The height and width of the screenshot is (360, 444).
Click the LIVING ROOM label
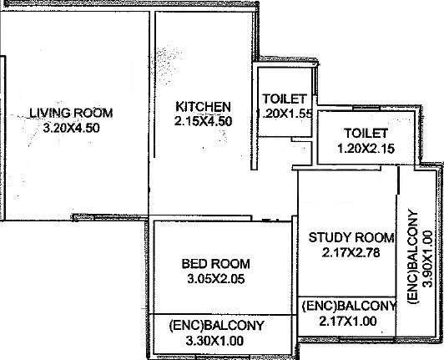click(71, 113)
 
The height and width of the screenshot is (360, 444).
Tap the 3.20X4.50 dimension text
click(72, 128)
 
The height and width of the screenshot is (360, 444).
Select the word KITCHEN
click(203, 107)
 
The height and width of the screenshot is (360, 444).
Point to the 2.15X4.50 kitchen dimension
click(203, 121)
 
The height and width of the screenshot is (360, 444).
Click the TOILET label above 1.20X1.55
click(285, 99)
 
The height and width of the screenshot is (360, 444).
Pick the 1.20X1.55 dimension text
click(285, 114)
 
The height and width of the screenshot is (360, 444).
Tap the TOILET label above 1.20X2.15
click(366, 134)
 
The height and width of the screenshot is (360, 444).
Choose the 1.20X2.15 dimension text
click(366, 149)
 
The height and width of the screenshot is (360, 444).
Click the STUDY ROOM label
click(351, 237)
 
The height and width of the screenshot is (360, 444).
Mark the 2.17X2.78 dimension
click(351, 252)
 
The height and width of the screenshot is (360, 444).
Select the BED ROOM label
click(216, 264)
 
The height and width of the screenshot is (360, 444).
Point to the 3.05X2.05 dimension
click(216, 279)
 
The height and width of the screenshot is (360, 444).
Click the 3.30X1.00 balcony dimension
click(214, 341)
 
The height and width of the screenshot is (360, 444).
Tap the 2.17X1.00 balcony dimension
click(348, 322)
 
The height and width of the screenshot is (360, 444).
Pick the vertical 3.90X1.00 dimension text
click(427, 259)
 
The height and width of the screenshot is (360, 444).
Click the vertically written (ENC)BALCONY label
click(412, 256)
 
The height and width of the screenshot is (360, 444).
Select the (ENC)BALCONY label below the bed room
click(217, 326)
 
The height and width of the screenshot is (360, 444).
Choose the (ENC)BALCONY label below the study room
click(349, 307)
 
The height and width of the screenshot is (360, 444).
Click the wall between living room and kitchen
click(154, 84)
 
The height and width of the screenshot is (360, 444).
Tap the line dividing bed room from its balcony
click(223, 314)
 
